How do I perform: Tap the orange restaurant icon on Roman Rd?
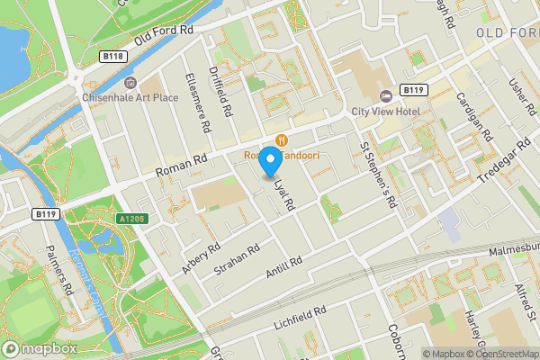(283, 139)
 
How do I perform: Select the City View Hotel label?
(386, 111)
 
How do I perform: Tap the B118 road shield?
(113, 56)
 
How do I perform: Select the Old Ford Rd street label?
(165, 38)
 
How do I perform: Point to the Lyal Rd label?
(285, 192)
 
